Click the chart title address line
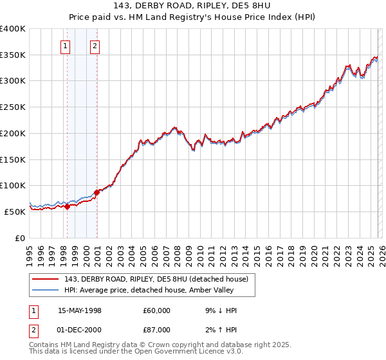pos(193,5)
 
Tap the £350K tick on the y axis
pos(13,55)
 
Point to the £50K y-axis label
pos(15,212)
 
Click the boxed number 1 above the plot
pos(66,46)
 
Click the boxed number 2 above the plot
pos(95,46)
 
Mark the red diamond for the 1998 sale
pos(67,207)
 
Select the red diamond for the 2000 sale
pos(96,192)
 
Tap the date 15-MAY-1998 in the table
pos(80,310)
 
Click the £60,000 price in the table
pos(157,310)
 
